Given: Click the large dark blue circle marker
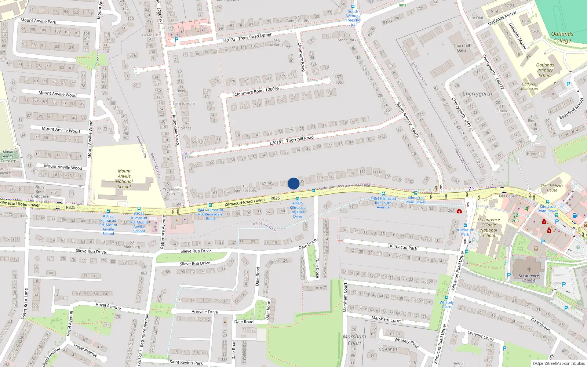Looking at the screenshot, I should tap(293, 183).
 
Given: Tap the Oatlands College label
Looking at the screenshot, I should tap(562, 37).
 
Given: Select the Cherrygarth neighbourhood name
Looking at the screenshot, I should tap(477, 94).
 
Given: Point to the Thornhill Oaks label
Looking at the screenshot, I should tap(461, 48).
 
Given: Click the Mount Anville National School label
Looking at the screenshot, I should tap(124, 179).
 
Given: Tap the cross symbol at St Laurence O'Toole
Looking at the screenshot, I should tap(529, 269).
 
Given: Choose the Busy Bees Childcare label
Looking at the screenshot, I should tap(40, 192).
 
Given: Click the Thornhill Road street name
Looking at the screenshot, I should tap(300, 139).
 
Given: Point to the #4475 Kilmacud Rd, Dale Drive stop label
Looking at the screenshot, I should tap(298, 210).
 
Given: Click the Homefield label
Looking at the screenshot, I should tap(536, 154).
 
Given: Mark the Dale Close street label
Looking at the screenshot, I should tap(317, 268).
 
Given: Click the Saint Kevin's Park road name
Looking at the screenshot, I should tap(186, 363).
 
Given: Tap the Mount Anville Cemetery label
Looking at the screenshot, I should tap(8, 156).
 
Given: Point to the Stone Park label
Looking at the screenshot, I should tap(347, 40).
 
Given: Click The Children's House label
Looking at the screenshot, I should tap(552, 188).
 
